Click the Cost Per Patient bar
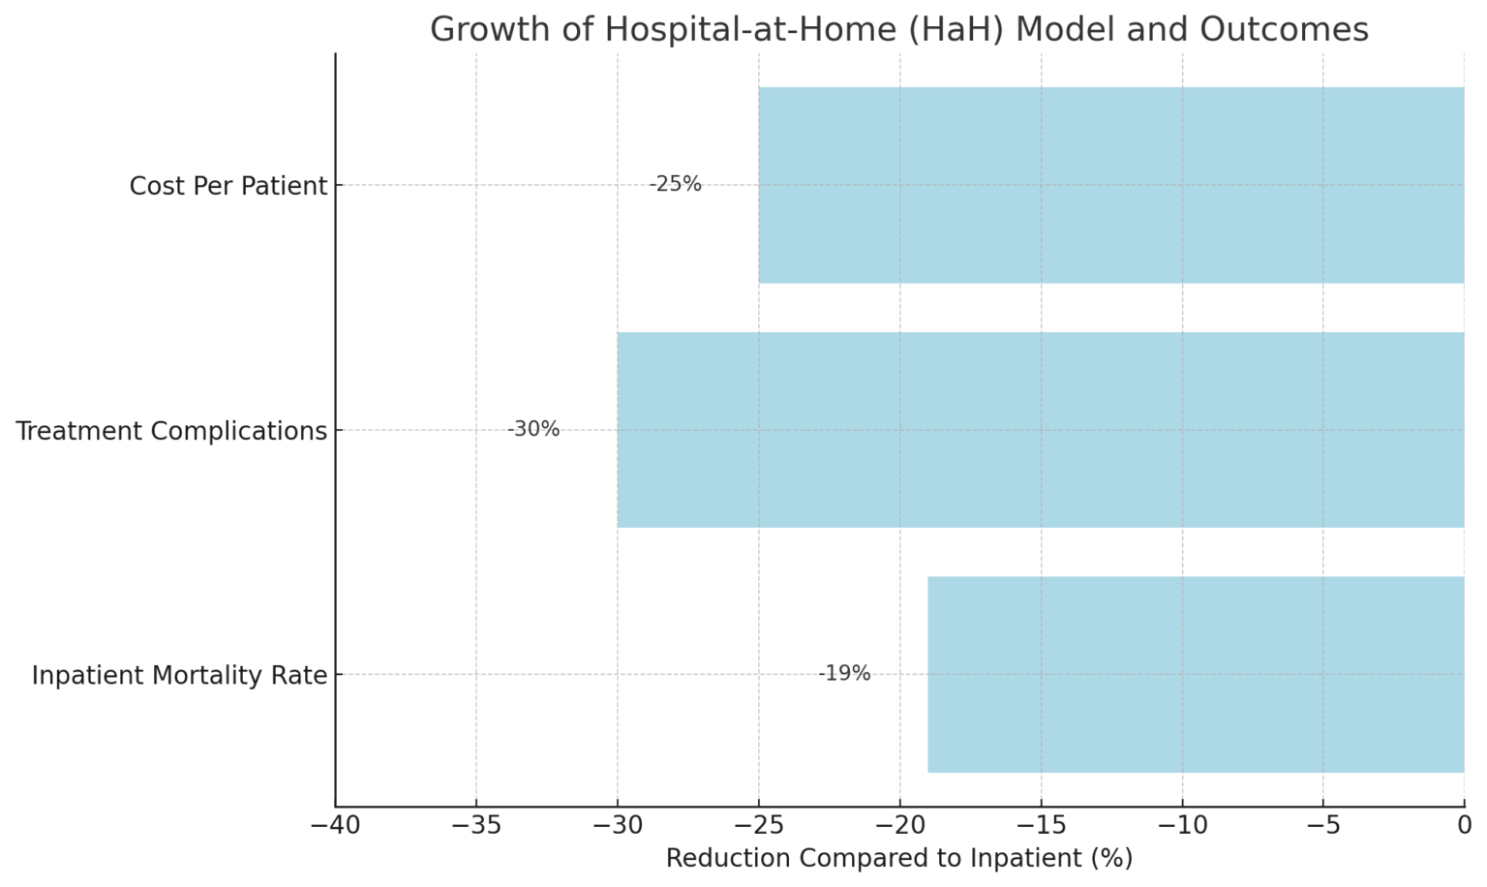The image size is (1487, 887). click(x=1110, y=185)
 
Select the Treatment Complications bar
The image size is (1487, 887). click(x=1040, y=430)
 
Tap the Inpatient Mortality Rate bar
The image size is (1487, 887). click(x=1196, y=674)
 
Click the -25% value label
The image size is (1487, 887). click(x=675, y=184)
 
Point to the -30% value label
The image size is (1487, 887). click(x=533, y=429)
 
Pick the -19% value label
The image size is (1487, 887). click(x=844, y=674)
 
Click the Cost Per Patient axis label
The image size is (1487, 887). click(x=228, y=186)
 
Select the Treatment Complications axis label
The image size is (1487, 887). click(x=171, y=431)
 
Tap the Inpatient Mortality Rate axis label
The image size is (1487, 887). click(x=179, y=675)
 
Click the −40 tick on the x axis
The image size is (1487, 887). click(x=335, y=826)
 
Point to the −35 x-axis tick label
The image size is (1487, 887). click(x=476, y=826)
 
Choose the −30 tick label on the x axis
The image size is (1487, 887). click(x=618, y=826)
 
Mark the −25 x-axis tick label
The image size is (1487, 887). click(x=759, y=826)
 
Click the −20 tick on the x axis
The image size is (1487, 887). click(x=899, y=826)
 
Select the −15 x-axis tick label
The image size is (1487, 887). click(x=1041, y=826)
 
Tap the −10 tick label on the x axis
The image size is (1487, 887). click(x=1182, y=826)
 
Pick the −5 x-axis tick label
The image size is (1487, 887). click(x=1323, y=826)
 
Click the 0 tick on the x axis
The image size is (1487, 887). click(x=1465, y=826)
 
